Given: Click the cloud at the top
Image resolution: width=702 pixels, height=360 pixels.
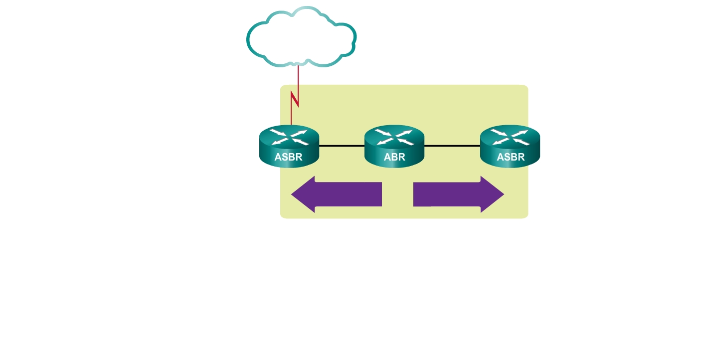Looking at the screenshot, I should (301, 37).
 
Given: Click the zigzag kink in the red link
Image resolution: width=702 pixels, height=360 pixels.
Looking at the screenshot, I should (295, 100).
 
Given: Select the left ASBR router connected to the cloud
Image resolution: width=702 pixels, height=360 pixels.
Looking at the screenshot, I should (289, 146).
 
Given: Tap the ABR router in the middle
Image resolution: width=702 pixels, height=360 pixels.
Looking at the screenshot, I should (394, 146).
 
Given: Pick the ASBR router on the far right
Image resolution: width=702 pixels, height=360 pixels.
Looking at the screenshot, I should (510, 146).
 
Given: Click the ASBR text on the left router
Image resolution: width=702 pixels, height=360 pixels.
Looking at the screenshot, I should (289, 158).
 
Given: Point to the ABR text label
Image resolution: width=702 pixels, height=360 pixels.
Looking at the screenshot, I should (394, 158).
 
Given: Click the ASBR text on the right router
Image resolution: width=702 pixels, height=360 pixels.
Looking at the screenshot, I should (511, 158).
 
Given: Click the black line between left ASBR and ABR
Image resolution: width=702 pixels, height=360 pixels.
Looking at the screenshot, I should (342, 146).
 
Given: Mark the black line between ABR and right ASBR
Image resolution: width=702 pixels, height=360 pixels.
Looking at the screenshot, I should (452, 146).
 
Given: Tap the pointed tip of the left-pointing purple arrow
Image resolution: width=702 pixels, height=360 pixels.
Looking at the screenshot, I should (293, 194).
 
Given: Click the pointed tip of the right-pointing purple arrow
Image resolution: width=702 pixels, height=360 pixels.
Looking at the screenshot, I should (503, 194).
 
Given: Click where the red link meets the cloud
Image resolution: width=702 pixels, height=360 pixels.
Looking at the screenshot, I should (298, 65).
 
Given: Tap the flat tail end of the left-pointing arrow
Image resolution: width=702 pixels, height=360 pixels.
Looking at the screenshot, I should (380, 194).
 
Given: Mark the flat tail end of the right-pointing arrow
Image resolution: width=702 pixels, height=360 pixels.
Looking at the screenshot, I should (415, 194).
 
